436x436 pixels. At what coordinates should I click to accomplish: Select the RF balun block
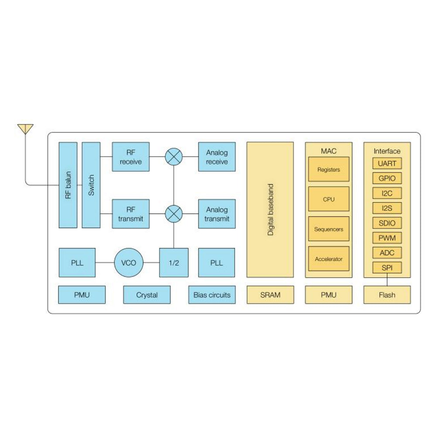coord(68,185)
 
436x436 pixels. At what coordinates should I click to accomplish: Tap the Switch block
coord(91,185)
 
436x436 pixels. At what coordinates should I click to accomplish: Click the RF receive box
coord(131,157)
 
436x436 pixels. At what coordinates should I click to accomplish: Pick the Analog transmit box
coord(217,214)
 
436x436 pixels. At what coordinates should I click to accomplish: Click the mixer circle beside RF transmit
coord(174,214)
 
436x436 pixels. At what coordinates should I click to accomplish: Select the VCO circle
coord(128,263)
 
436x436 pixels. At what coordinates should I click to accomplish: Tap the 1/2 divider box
coord(174,263)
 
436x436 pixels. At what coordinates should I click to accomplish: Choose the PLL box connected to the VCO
coord(77,263)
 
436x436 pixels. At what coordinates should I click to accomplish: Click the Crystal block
coord(147,295)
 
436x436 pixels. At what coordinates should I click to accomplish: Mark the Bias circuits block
coord(212,295)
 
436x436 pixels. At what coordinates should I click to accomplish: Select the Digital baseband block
coord(270,210)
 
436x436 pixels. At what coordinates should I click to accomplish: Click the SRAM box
coord(270,295)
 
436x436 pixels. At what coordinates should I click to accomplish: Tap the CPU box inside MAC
coord(329,199)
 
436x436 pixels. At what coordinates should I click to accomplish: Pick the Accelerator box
coord(329,259)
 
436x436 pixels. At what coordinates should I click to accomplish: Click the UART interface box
coord(387,163)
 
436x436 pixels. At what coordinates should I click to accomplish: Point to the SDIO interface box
coord(387,223)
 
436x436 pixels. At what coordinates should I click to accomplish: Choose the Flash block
coord(387,295)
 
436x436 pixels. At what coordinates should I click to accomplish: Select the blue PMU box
coord(82,295)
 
